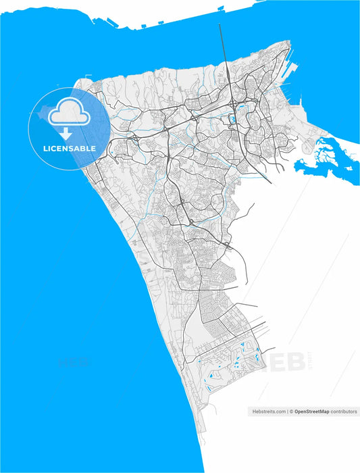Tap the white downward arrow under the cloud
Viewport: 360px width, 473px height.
[66, 134]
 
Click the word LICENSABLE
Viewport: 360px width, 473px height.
[70, 148]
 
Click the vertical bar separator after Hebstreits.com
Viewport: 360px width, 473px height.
[287, 411]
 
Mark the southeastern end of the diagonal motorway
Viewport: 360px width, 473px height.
[270, 182]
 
